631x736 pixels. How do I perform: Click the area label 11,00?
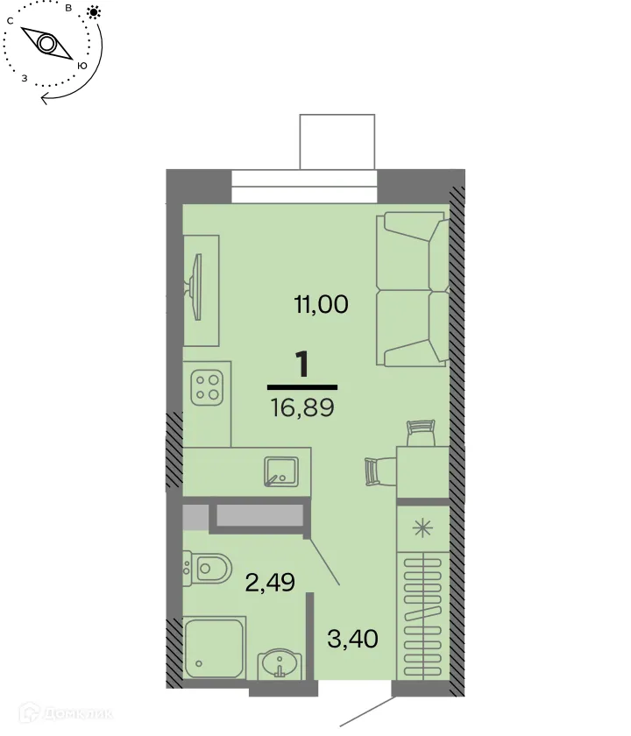[320, 305]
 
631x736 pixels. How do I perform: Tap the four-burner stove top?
[207, 386]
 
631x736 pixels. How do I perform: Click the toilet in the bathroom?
[207, 569]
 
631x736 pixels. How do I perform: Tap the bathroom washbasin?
[280, 661]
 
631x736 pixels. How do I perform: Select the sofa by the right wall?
[412, 289]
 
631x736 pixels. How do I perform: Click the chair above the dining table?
[421, 432]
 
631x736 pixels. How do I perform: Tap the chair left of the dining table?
[374, 471]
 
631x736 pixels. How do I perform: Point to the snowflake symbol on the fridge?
[422, 528]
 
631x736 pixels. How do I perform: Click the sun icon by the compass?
[93, 12]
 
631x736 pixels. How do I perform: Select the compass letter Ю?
[82, 66]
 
